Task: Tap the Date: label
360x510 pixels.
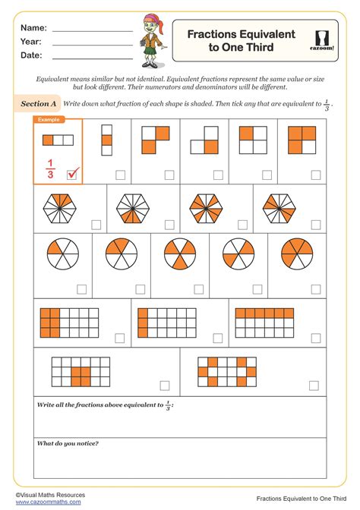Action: click(x=31, y=55)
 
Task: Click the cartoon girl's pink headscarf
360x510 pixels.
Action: click(x=150, y=19)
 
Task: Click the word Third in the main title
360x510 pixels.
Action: click(x=257, y=47)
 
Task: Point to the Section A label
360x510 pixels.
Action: click(x=39, y=103)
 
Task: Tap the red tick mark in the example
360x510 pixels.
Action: click(x=74, y=175)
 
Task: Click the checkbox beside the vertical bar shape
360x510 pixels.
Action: click(x=120, y=175)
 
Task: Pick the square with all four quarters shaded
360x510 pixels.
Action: click(x=302, y=140)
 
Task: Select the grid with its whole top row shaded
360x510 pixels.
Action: click(x=265, y=322)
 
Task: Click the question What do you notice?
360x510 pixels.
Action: click(x=68, y=443)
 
